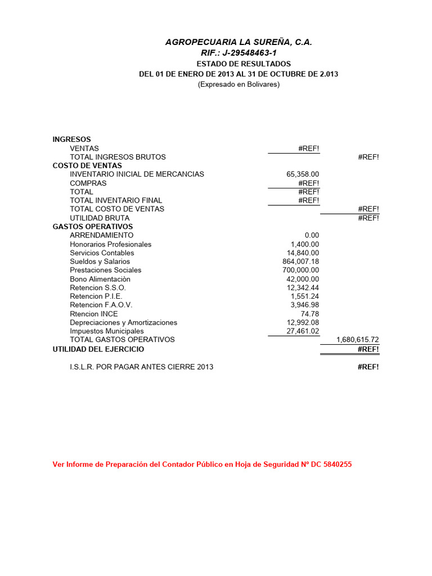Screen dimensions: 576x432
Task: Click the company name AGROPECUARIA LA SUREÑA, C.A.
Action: pyautogui.click(x=238, y=42)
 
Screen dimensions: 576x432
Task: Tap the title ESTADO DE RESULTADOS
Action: pyautogui.click(x=244, y=64)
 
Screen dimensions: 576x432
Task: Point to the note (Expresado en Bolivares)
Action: pyautogui.click(x=238, y=84)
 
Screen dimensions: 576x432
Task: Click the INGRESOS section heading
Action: pyautogui.click(x=71, y=139)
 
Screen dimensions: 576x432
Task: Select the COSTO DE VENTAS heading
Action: pyautogui.click(x=87, y=165)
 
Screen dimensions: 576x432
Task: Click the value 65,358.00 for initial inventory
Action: pyautogui.click(x=303, y=174)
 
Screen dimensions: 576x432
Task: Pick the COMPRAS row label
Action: pyautogui.click(x=88, y=183)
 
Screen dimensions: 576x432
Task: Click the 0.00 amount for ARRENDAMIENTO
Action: pyautogui.click(x=312, y=235)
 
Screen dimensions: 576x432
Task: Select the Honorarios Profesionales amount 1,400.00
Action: pyautogui.click(x=305, y=244)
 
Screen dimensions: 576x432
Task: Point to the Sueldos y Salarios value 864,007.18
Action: pyautogui.click(x=301, y=262)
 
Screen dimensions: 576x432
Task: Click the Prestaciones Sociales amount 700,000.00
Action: pyautogui.click(x=301, y=270)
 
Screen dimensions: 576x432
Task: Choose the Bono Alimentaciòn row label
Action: pyautogui.click(x=100, y=279)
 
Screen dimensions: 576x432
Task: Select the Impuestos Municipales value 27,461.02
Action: pyautogui.click(x=303, y=331)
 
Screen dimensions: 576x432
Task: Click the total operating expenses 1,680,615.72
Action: pyautogui.click(x=357, y=340)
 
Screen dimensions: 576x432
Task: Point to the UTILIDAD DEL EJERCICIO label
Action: pyautogui.click(x=98, y=349)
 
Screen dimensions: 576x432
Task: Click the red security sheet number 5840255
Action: pyautogui.click(x=337, y=465)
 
